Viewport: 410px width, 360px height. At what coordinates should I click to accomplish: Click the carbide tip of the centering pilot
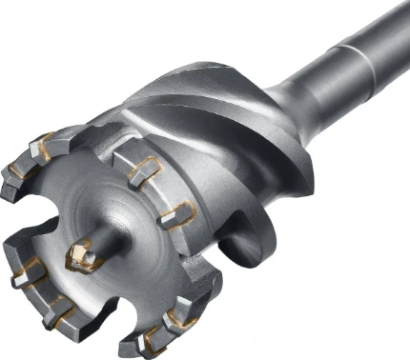click(x=81, y=254)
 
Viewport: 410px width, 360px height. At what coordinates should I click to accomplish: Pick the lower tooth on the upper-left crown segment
click(x=16, y=175)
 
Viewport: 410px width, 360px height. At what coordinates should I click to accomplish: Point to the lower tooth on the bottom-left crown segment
click(x=57, y=310)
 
